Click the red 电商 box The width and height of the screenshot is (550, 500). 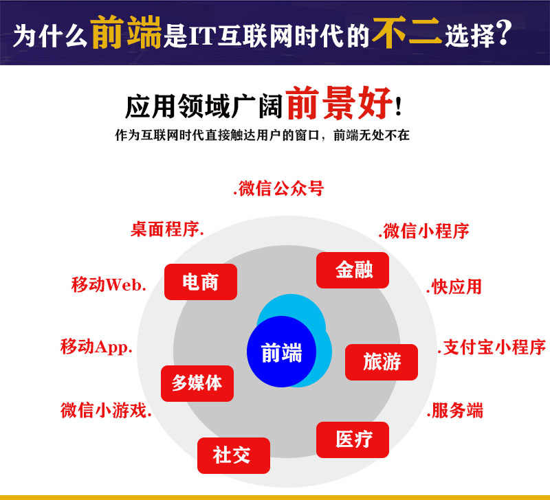point(201,282)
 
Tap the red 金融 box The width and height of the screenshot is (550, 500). point(353,270)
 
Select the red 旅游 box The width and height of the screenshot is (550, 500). point(381,362)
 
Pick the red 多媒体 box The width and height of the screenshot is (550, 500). point(197,383)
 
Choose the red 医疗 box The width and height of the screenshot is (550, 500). point(353,440)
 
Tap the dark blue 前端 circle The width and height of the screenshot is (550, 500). point(282,352)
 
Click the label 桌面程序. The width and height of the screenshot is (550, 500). point(167,229)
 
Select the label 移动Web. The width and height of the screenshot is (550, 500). point(109,284)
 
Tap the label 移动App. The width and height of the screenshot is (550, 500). point(96,347)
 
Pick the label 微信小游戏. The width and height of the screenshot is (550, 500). point(105,411)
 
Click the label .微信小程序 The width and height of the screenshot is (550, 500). point(423,231)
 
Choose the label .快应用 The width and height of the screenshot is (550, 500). point(454,286)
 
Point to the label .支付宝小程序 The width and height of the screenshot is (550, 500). point(492,347)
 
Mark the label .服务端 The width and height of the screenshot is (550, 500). point(454,411)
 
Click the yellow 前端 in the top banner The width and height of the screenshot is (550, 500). point(125,33)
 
